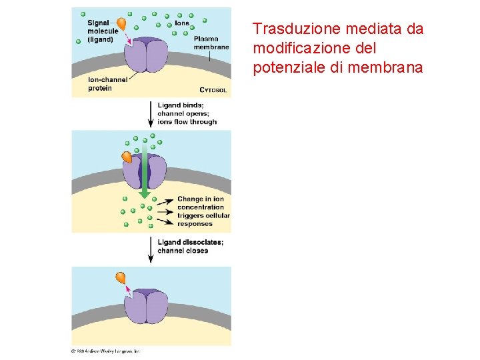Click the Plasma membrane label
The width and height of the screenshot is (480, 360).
click(211, 43)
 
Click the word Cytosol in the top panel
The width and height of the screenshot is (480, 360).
click(213, 89)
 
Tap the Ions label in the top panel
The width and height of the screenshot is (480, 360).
click(182, 23)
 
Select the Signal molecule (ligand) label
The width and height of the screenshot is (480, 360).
click(103, 31)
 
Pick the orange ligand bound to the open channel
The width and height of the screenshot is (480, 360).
click(127, 157)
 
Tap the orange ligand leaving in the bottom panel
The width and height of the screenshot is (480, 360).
click(121, 277)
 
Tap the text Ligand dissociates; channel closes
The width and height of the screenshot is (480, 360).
click(190, 246)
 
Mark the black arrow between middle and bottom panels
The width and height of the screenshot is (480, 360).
click(150, 248)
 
